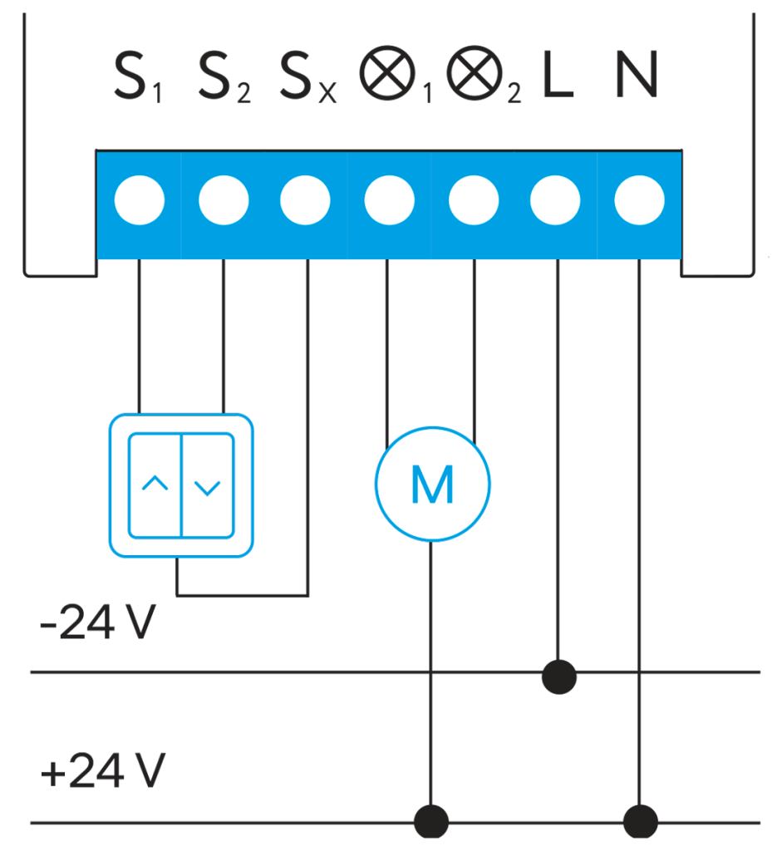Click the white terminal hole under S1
click(140, 201)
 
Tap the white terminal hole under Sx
click(306, 201)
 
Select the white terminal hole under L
click(555, 201)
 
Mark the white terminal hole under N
click(639, 201)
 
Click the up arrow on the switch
click(155, 484)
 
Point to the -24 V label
click(98, 624)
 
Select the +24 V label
click(104, 772)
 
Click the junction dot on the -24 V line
click(558, 676)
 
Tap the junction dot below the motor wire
click(431, 821)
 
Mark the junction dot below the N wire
click(640, 821)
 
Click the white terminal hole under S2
click(224, 201)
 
